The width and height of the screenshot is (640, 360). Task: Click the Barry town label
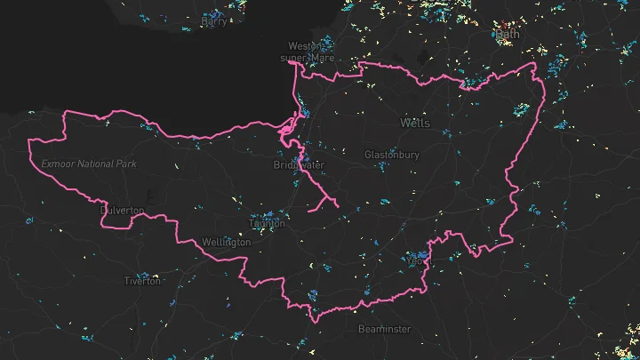coord(214,22)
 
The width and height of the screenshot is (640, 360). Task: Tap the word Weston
coord(303,46)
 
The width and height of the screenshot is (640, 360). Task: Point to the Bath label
coord(508,35)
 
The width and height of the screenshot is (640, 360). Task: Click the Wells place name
coord(415,123)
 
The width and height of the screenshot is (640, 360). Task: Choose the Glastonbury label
coord(392,155)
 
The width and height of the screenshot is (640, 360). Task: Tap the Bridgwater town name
coord(300,165)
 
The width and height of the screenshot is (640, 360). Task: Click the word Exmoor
coord(58,164)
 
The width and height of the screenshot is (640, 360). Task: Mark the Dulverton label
coord(123,211)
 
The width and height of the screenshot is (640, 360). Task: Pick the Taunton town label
coord(267,223)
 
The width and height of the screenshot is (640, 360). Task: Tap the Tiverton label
coord(142,281)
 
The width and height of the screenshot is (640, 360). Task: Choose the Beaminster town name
coord(385,329)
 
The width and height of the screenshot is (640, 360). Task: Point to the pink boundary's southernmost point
coord(312,322)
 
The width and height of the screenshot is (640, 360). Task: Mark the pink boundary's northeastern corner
coord(534,64)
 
